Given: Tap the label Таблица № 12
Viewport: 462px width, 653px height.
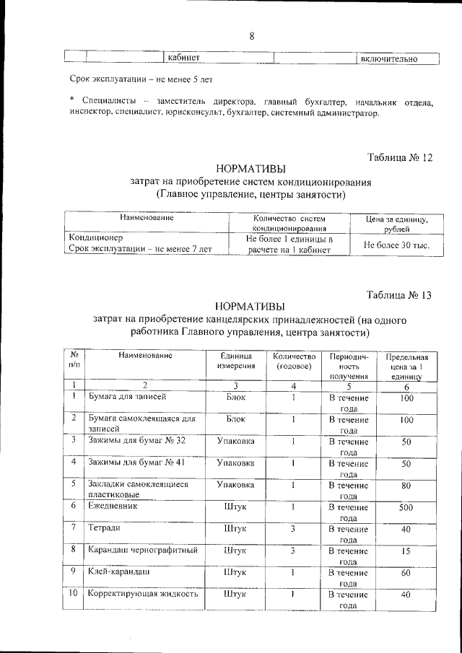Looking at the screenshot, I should (x=400, y=157).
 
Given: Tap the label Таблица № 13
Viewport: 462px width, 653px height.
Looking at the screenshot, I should (x=399, y=294).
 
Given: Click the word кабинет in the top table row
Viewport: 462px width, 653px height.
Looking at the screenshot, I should (x=183, y=58).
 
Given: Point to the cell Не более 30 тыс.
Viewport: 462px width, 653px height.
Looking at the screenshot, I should (x=396, y=245).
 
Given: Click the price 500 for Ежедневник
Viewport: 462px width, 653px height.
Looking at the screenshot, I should (x=406, y=507).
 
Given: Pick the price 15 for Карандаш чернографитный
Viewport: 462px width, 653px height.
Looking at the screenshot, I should (x=406, y=551).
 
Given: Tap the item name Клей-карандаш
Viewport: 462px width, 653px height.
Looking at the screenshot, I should (x=119, y=572).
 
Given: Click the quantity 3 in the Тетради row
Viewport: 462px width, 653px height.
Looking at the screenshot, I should (x=294, y=529).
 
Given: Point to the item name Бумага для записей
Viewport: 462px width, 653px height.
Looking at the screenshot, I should (x=128, y=398).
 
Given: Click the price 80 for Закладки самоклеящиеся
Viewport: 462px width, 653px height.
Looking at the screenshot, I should (x=406, y=485).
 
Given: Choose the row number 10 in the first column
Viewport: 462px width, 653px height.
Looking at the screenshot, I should (x=74, y=595).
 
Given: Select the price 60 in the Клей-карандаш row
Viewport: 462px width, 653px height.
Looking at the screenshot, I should (x=406, y=572).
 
